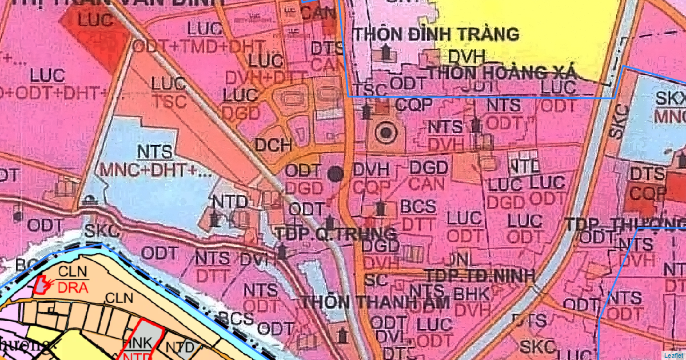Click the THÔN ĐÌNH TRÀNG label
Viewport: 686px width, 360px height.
pyautogui.click(x=436, y=34)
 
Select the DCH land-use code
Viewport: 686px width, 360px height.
pyautogui.click(x=273, y=145)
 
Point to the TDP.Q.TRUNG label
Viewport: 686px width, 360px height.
pyautogui.click(x=336, y=233)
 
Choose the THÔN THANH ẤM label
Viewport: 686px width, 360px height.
pyautogui.click(x=376, y=302)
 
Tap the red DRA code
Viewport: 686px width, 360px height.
pyautogui.click(x=72, y=288)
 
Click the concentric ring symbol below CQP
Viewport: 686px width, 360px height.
pyautogui.click(x=386, y=134)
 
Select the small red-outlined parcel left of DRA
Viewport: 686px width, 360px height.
pyautogui.click(x=41, y=283)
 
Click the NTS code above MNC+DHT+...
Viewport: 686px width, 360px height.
pyautogui.click(x=154, y=152)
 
